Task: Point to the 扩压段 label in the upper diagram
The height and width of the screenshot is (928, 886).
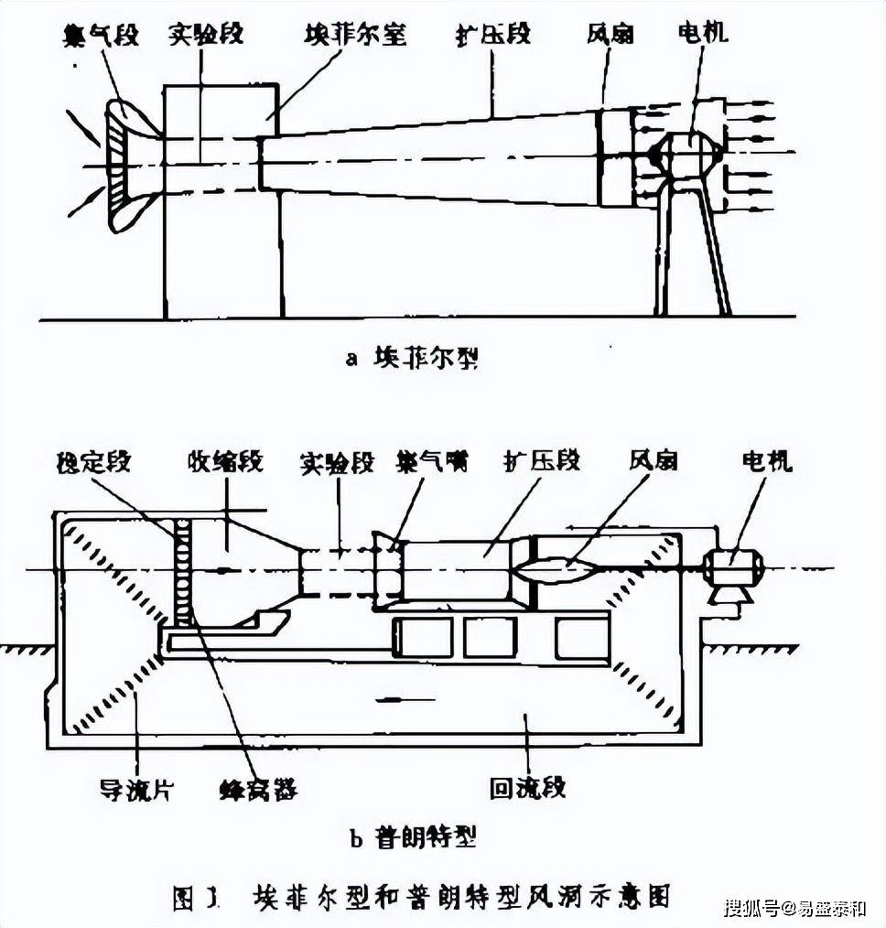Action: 494,37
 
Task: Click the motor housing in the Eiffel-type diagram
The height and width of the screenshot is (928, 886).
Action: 685,155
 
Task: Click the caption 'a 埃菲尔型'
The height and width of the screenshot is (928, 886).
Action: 412,358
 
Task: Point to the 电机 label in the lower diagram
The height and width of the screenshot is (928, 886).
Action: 767,460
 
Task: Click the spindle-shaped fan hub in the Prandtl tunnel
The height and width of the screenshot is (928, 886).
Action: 554,570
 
